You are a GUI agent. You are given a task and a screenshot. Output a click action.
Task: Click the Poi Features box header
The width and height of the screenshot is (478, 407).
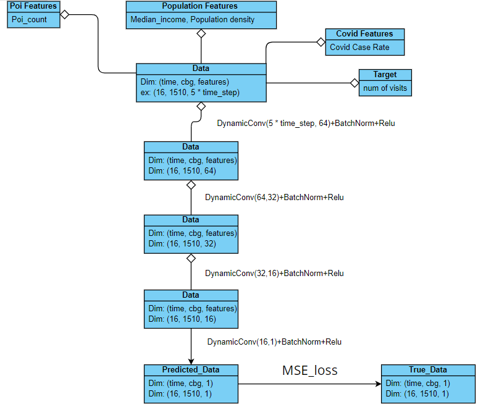point(33,6)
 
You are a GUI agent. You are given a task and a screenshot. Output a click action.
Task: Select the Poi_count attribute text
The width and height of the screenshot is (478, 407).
point(29,19)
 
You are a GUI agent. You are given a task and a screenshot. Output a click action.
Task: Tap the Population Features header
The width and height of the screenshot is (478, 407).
point(201,6)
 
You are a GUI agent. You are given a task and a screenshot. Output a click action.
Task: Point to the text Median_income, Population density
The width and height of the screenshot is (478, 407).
point(192,19)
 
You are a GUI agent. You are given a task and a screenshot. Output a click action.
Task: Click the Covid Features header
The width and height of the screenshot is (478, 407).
point(364,34)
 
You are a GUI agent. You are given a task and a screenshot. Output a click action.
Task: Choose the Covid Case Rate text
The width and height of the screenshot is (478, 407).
point(359,47)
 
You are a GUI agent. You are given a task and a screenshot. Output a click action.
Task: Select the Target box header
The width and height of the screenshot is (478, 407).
point(385,75)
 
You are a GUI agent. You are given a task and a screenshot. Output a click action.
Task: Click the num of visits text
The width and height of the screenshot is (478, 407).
point(385,88)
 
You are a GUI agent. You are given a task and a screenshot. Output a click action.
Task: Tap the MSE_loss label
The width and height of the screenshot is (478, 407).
point(310,371)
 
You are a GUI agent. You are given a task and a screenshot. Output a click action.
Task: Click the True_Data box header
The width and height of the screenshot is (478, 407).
point(427,370)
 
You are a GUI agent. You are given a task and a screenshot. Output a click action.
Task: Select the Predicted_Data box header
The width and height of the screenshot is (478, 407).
point(191,370)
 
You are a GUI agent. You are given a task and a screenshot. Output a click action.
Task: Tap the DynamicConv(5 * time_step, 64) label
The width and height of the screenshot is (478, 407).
point(306,123)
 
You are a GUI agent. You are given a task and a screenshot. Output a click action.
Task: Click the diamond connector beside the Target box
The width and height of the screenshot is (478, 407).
point(354,82)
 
